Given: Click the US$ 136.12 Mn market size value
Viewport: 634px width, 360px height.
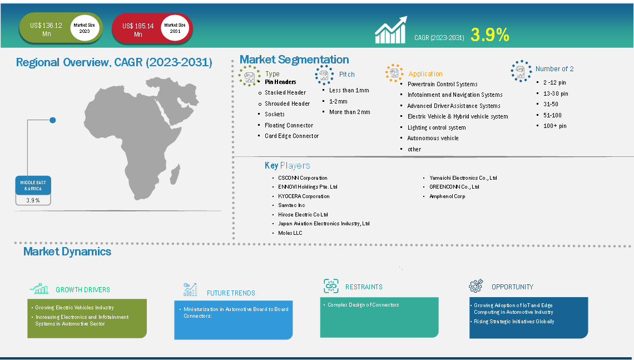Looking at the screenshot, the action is (x=46, y=29).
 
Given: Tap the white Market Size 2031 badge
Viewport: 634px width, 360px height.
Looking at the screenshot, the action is (x=175, y=28).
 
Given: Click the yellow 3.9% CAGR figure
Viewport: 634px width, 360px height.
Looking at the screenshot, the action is (x=489, y=35).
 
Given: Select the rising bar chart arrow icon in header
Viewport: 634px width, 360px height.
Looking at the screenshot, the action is (x=390, y=30).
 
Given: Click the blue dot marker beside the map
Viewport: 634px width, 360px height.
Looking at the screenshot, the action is (x=53, y=120).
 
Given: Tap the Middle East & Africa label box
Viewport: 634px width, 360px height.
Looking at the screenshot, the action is (x=33, y=186).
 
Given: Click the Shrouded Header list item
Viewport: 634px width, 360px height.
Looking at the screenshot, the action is (x=287, y=103).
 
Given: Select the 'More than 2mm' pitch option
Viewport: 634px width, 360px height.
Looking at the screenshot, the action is (x=349, y=112).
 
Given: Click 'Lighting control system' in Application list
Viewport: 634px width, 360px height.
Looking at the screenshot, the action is (x=436, y=127).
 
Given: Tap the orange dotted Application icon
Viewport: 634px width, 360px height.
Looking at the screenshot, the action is (x=394, y=73).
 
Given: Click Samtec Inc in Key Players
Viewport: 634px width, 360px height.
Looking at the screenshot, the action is (x=291, y=205).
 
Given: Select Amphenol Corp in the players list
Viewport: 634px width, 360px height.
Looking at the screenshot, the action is (x=447, y=196).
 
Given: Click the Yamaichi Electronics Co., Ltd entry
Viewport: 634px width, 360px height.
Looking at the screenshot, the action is (x=463, y=177).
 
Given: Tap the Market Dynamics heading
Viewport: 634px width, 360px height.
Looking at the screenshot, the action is (x=67, y=251).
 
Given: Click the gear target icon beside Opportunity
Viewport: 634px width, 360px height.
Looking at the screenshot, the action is (x=476, y=285).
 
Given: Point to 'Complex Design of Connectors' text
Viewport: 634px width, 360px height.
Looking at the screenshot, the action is (x=363, y=304).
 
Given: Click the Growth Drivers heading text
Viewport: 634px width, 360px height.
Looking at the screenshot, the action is (x=83, y=290).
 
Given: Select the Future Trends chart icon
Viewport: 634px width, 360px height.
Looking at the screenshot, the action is (x=190, y=290).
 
